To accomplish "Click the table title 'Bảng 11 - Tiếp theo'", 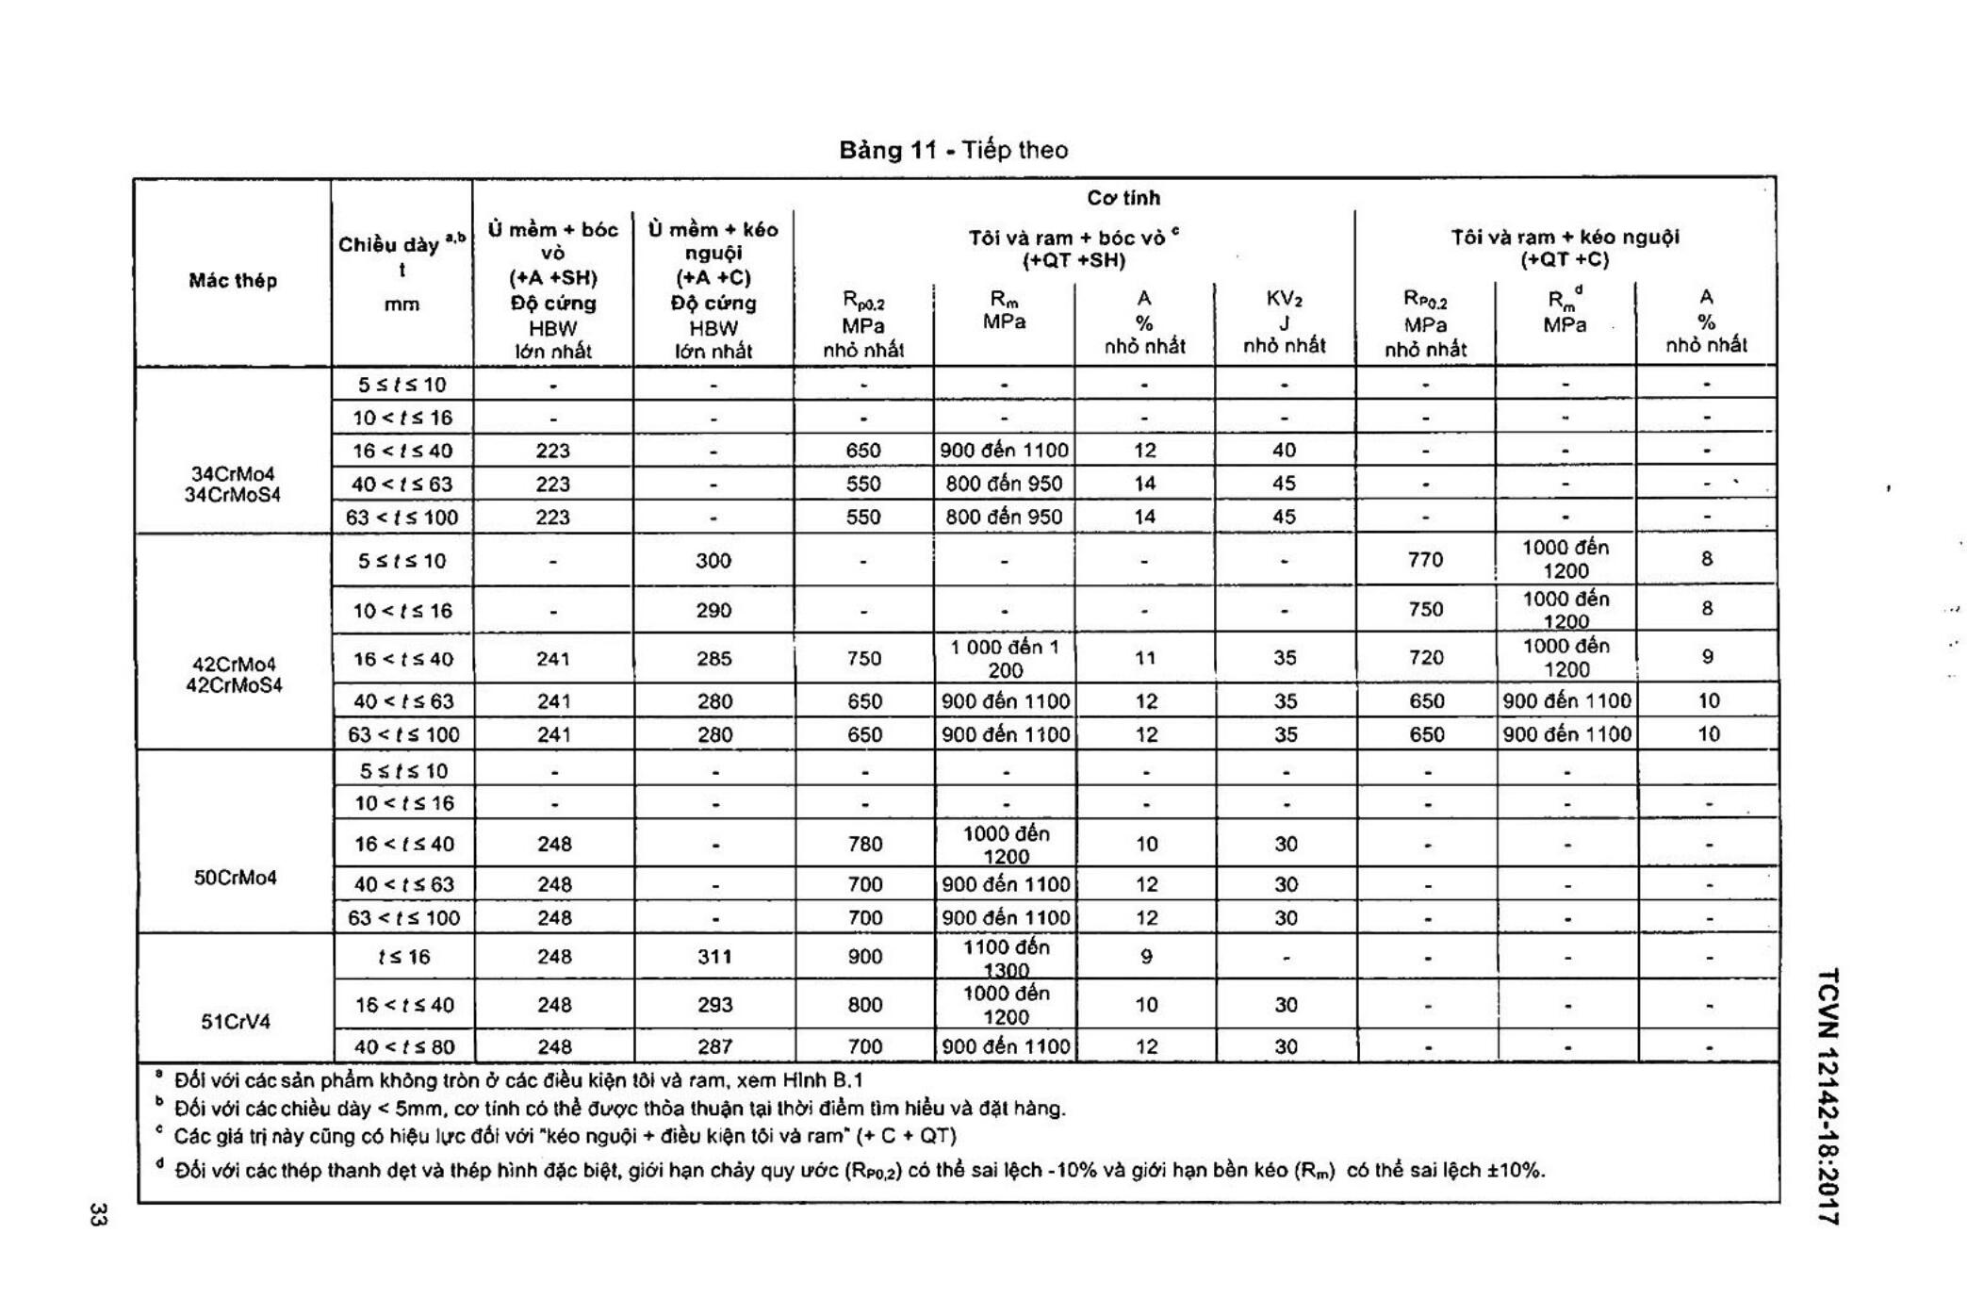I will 953,150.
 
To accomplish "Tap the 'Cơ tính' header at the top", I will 1123,198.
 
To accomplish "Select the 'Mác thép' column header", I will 233,280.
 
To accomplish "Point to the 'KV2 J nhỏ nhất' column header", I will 1284,321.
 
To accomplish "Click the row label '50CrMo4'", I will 236,878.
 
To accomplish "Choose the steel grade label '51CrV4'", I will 236,1021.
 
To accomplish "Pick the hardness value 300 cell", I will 713,560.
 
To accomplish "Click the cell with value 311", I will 714,956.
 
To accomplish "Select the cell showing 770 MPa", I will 1425,560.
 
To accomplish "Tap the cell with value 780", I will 864,844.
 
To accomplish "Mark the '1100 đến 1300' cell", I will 1006,958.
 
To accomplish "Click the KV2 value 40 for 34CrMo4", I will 1284,451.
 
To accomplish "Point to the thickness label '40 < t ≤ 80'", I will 403,1046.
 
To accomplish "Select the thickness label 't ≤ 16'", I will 403,957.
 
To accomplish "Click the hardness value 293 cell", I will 714,1005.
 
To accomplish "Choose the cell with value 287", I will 714,1046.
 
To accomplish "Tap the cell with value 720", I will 1426,657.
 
